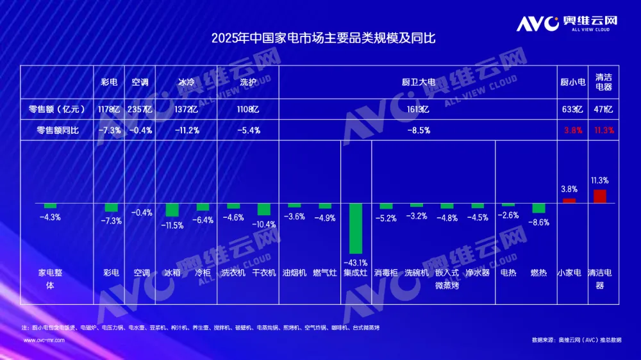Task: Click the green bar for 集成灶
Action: point(355,229)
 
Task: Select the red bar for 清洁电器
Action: point(600,196)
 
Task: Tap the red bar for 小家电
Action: point(569,200)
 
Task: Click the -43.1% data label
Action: point(356,263)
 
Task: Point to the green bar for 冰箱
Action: point(172,210)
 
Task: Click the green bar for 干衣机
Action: point(264,209)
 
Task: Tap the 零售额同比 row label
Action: point(58,130)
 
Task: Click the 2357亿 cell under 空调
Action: point(140,110)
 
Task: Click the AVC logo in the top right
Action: point(567,24)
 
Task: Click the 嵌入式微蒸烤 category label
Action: point(447,278)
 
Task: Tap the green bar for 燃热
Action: point(538,208)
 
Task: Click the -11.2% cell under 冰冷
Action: point(187,130)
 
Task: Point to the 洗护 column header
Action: point(249,82)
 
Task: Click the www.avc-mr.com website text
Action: point(44,340)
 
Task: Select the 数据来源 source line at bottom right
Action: point(576,340)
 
